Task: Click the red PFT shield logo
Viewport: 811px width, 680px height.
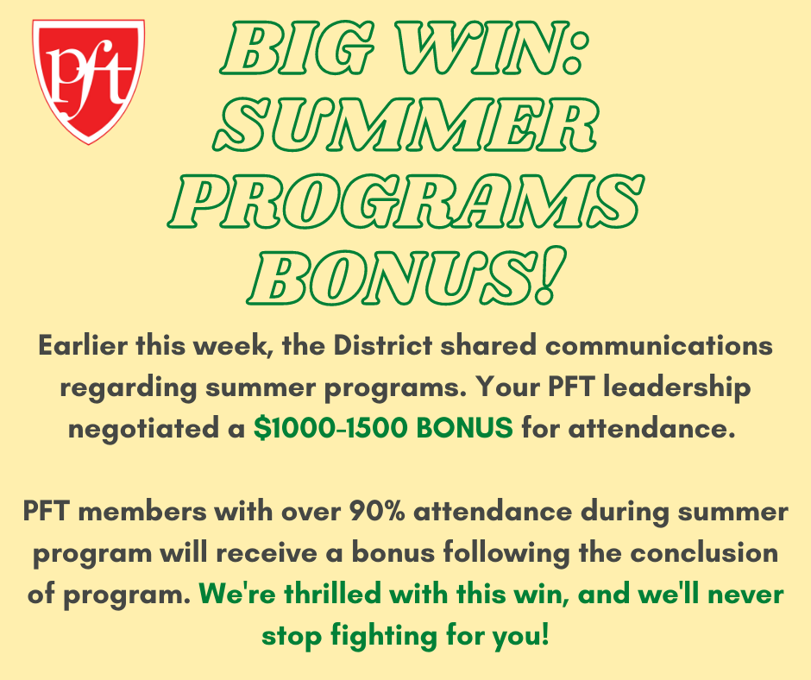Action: click(x=89, y=81)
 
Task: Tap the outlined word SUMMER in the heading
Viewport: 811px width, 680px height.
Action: click(x=406, y=124)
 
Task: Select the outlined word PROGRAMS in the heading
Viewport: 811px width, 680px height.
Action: click(x=406, y=201)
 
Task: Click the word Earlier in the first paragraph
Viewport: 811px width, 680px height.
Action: click(x=82, y=345)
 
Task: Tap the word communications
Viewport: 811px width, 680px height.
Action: click(x=659, y=345)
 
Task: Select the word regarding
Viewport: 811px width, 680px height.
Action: click(x=129, y=388)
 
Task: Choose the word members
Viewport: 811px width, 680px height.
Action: click(x=141, y=511)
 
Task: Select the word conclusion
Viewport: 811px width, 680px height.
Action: click(x=704, y=552)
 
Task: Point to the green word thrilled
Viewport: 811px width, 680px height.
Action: click(x=332, y=594)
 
